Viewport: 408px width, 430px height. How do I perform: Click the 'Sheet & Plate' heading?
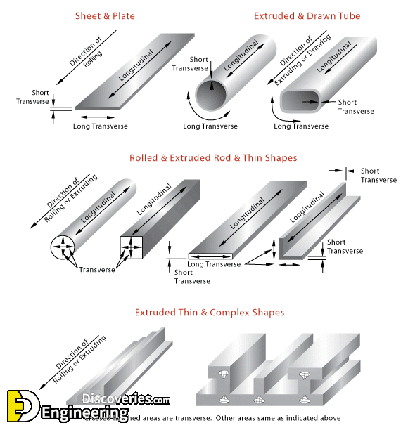(x=105, y=15)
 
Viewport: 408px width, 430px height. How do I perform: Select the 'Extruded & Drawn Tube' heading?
(x=307, y=15)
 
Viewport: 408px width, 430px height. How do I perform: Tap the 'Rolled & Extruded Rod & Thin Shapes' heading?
(x=213, y=158)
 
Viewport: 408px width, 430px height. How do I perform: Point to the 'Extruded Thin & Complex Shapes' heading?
(x=209, y=312)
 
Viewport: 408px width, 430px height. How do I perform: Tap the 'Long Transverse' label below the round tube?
(x=210, y=126)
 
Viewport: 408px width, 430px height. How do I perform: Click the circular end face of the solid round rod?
(x=64, y=246)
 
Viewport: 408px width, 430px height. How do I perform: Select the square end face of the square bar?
(x=132, y=246)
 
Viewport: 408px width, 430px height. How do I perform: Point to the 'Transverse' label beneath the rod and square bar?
(x=97, y=270)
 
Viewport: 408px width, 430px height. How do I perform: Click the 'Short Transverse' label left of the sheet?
(x=33, y=97)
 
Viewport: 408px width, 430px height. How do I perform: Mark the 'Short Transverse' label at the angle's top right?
(x=378, y=175)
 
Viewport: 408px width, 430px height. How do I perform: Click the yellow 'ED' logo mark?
(x=20, y=407)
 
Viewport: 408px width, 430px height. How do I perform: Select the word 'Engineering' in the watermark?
(x=84, y=415)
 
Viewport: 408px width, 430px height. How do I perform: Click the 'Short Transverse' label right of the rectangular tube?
(x=356, y=107)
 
